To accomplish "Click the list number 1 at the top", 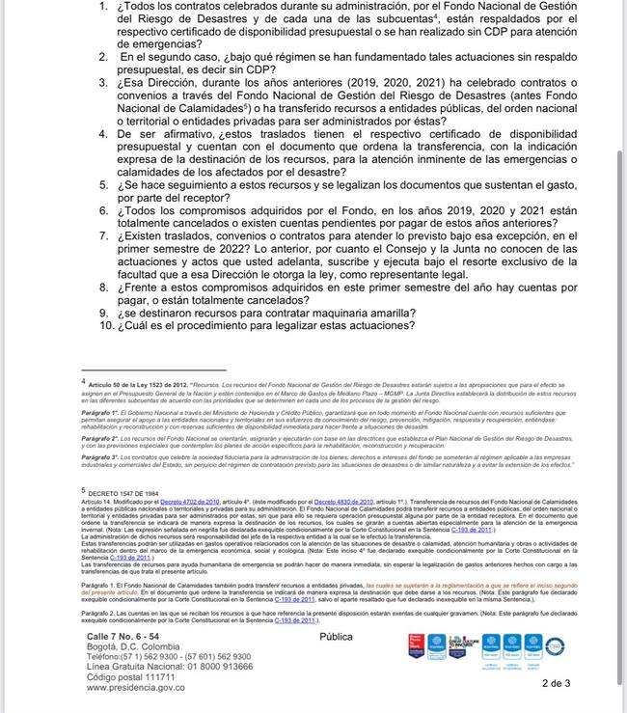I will point(103,7).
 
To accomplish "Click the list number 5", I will point(103,182).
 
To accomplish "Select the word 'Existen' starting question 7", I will point(146,235).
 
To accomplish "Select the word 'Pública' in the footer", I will point(337,637).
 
